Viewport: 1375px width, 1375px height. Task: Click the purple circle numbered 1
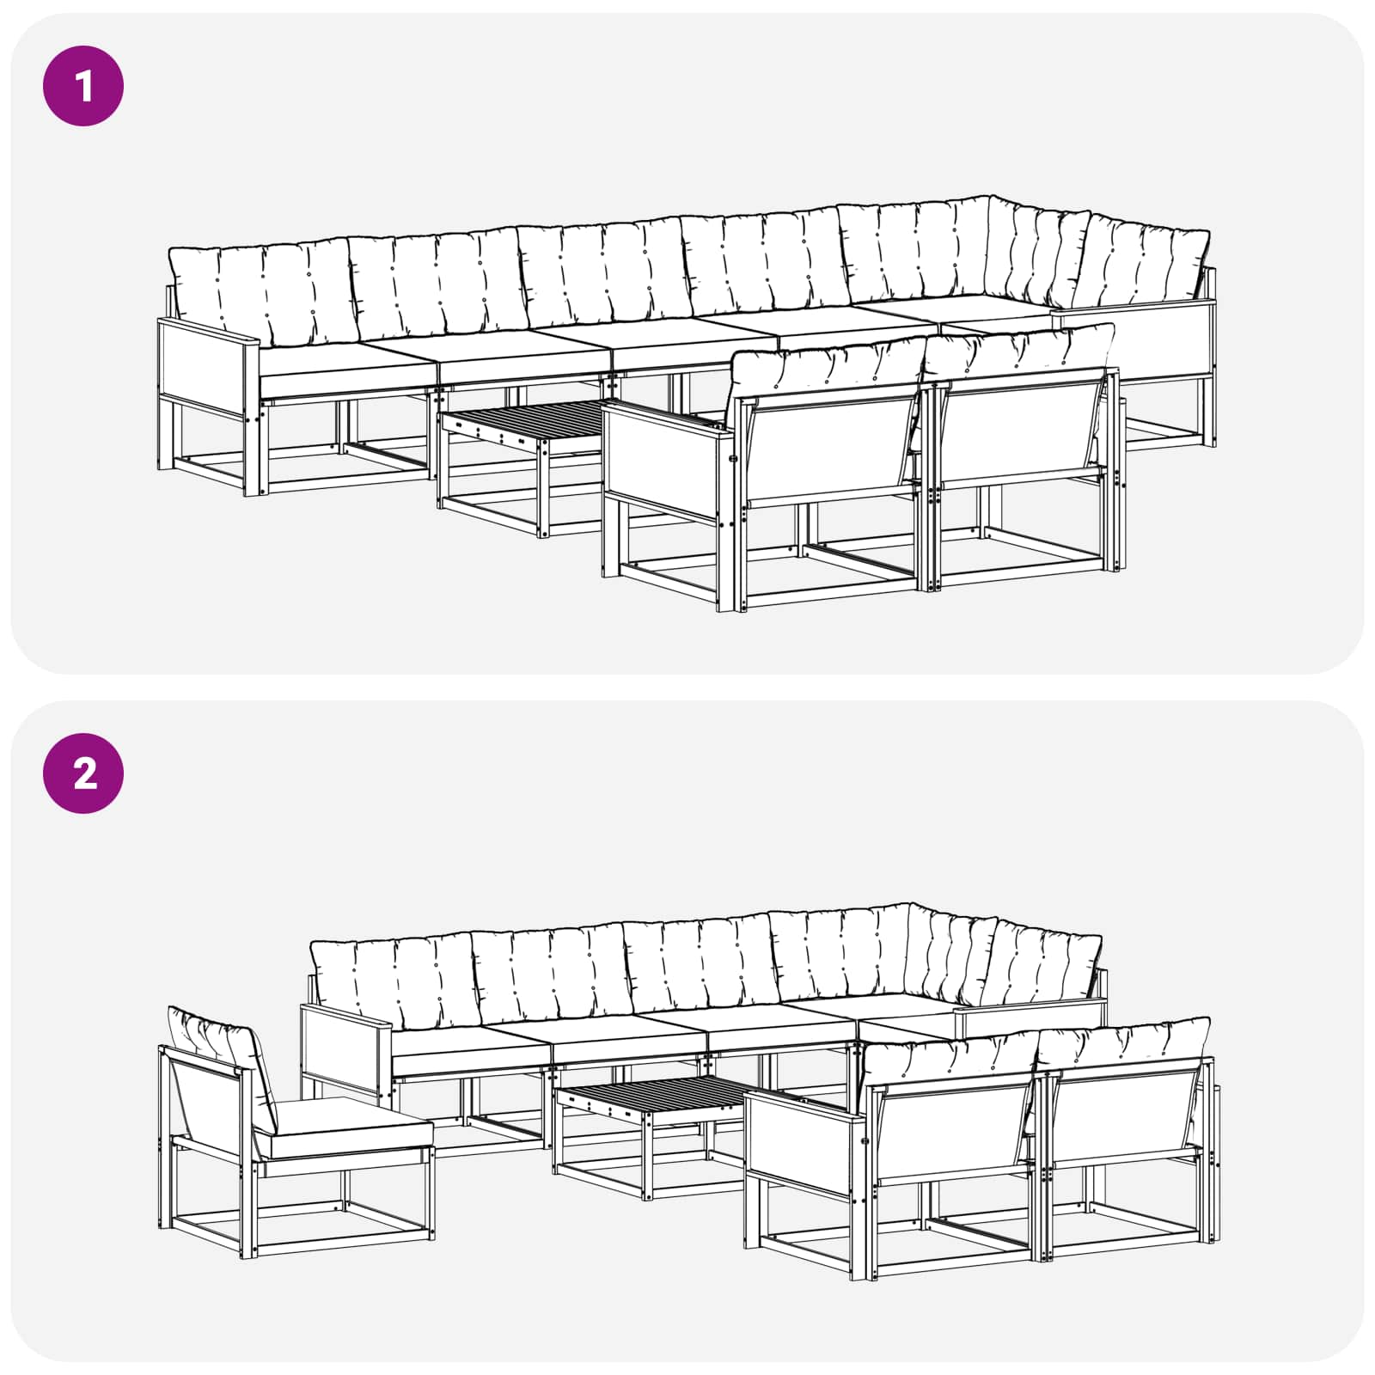click(83, 87)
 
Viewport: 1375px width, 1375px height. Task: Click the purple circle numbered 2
click(83, 773)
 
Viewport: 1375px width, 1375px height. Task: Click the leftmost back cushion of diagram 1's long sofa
click(262, 294)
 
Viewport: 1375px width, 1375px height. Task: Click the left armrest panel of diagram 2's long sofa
click(344, 1048)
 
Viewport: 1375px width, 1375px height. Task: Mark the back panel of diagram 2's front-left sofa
click(955, 1132)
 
